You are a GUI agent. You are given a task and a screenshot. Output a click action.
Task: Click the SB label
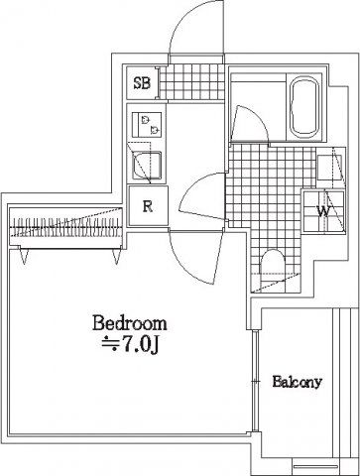click(x=142, y=83)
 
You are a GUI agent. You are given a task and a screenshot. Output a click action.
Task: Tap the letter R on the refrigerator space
click(x=148, y=207)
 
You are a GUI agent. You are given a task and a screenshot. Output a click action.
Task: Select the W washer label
click(x=323, y=211)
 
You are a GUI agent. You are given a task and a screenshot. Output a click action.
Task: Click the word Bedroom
click(x=130, y=323)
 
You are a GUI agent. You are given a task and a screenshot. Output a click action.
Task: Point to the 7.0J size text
click(x=131, y=344)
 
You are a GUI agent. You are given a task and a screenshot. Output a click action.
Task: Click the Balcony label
click(x=297, y=382)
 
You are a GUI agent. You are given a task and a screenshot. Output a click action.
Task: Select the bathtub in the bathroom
click(x=305, y=107)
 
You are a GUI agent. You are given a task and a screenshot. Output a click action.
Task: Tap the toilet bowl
click(x=273, y=270)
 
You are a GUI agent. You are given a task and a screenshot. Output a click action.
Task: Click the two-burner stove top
click(x=147, y=125)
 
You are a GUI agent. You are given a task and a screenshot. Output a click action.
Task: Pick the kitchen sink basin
click(x=147, y=166)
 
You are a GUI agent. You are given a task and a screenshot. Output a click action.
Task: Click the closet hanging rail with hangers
click(x=66, y=227)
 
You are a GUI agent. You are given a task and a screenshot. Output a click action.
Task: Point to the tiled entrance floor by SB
click(x=191, y=81)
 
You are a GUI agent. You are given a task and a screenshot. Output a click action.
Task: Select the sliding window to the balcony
click(x=255, y=381)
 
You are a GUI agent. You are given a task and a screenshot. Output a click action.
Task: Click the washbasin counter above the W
click(x=331, y=168)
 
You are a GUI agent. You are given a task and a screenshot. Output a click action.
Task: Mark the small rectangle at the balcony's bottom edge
click(x=315, y=467)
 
